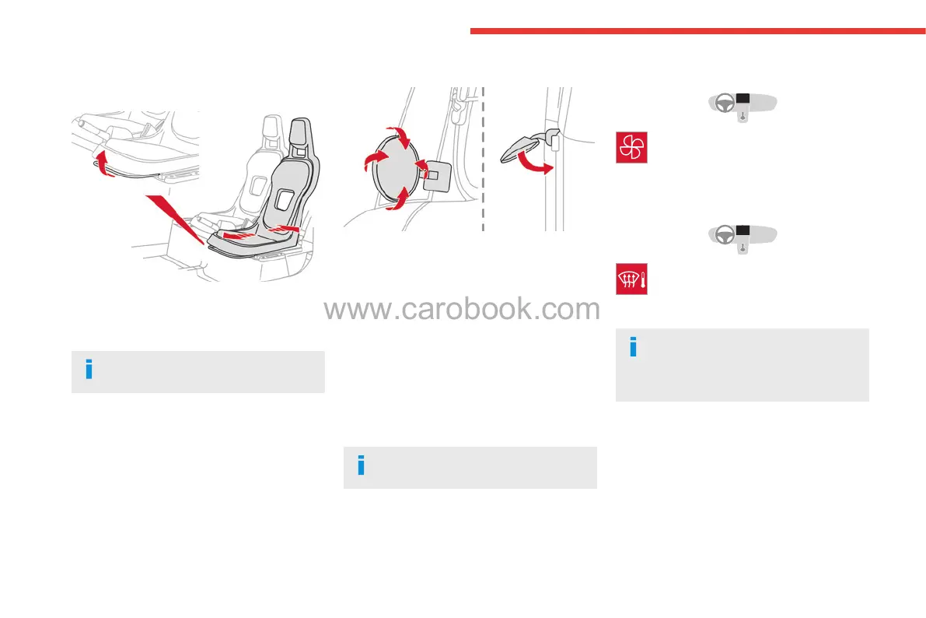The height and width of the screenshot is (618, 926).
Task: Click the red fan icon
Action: (x=631, y=148)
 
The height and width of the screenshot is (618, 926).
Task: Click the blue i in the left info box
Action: (x=89, y=370)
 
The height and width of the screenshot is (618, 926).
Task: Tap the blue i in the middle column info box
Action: (x=361, y=465)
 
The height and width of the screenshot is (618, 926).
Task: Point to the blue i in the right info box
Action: (x=633, y=347)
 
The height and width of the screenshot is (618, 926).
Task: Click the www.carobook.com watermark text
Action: (x=462, y=310)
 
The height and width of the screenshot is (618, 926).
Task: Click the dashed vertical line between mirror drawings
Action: (x=484, y=156)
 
